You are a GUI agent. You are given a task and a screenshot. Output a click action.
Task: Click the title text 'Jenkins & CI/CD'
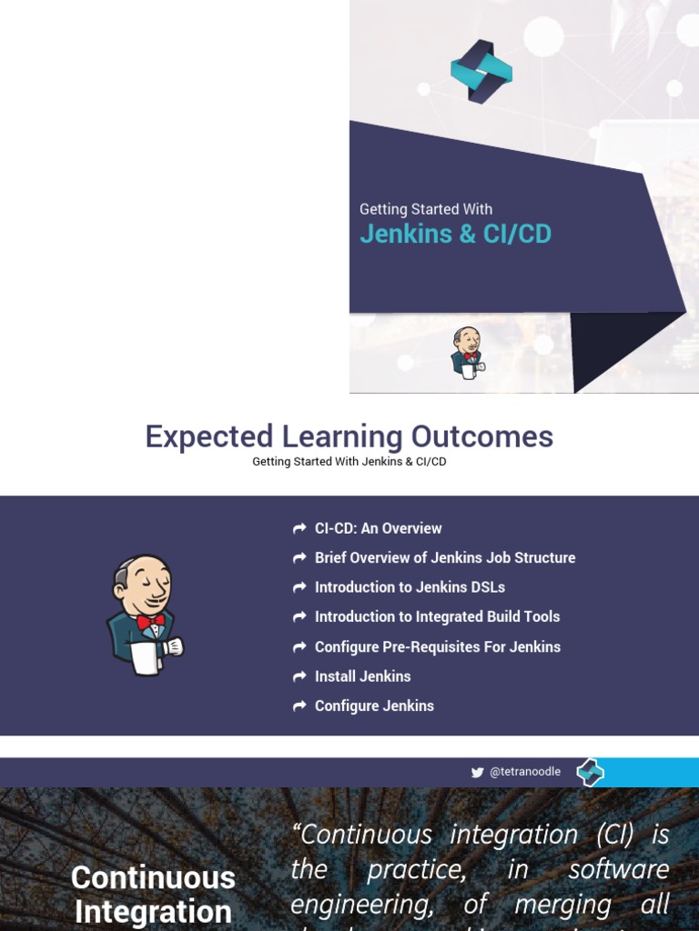455,234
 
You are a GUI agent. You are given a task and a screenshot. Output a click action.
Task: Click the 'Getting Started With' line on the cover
426,209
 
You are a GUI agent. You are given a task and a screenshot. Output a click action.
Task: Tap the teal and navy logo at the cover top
481,71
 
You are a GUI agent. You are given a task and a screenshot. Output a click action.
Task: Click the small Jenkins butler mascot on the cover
467,353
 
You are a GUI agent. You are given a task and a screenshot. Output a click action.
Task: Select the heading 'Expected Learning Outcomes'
349,436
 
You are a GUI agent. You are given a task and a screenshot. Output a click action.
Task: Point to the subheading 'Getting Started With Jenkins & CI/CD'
349,462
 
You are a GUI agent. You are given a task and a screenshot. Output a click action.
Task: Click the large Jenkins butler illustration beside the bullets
145,615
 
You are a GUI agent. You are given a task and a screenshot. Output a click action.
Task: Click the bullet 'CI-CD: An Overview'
378,528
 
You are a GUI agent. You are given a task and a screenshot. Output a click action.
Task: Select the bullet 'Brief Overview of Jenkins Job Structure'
444,557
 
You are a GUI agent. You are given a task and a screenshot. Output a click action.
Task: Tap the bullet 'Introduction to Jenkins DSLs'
410,587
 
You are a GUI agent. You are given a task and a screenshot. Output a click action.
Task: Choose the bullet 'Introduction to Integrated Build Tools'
437,616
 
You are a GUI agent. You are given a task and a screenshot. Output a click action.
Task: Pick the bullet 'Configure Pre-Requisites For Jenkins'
437,646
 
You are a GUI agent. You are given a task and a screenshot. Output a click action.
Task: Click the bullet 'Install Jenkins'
362,676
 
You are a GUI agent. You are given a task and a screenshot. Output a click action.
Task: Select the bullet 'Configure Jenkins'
374,706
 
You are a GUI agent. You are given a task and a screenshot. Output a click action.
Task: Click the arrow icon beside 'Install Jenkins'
299,676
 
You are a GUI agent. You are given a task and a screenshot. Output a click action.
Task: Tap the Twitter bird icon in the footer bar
477,773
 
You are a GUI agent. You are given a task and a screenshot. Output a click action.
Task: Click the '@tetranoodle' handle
525,772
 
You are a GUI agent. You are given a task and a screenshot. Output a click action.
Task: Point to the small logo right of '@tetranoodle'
590,772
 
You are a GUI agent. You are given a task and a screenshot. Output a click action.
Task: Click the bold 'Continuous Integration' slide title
153,895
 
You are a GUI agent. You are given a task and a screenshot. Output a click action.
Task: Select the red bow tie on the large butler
151,622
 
